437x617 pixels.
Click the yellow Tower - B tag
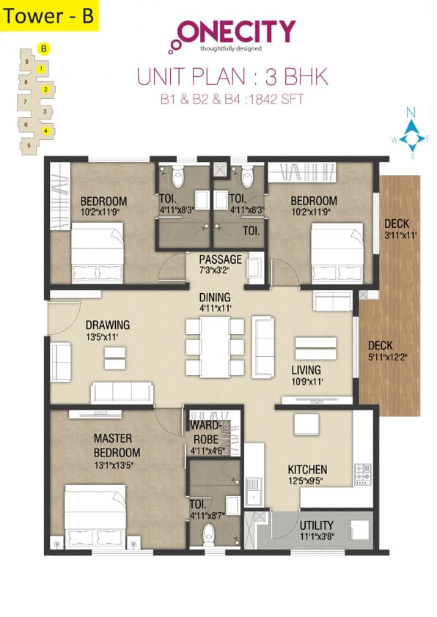(49, 17)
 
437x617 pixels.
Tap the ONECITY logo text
(236, 32)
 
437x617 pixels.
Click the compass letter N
(411, 112)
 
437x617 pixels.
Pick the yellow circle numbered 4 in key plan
(45, 131)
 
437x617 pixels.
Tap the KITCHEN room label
(306, 470)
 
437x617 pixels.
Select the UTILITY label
(316, 525)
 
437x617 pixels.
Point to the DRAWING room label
(107, 325)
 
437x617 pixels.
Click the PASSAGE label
(220, 259)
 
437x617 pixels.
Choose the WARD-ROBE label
(205, 432)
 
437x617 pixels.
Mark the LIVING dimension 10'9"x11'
(306, 382)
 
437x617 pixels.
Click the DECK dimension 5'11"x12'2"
(389, 358)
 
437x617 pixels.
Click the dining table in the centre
(215, 347)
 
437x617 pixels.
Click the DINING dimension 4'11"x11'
(214, 308)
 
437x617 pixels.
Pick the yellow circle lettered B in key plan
(44, 49)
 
